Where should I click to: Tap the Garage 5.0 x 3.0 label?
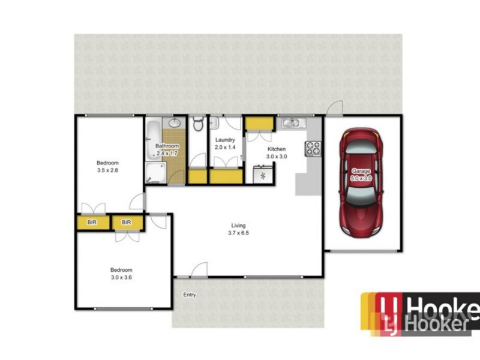pyautogui.click(x=362, y=175)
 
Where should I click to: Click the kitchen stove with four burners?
pyautogui.click(x=314, y=148)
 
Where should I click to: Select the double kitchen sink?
pyautogui.click(x=294, y=123)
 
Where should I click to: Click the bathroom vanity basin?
pyautogui.click(x=174, y=123)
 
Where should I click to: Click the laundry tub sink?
pyautogui.click(x=214, y=124)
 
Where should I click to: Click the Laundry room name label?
pyautogui.click(x=224, y=140)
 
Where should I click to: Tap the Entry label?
pyautogui.click(x=190, y=295)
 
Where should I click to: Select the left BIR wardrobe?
pyautogui.click(x=92, y=223)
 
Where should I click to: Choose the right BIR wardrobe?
pyautogui.click(x=127, y=223)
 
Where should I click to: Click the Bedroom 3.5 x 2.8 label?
pyautogui.click(x=108, y=167)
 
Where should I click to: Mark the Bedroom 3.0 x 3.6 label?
pyautogui.click(x=121, y=274)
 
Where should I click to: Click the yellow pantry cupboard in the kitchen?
pyautogui.click(x=259, y=123)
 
